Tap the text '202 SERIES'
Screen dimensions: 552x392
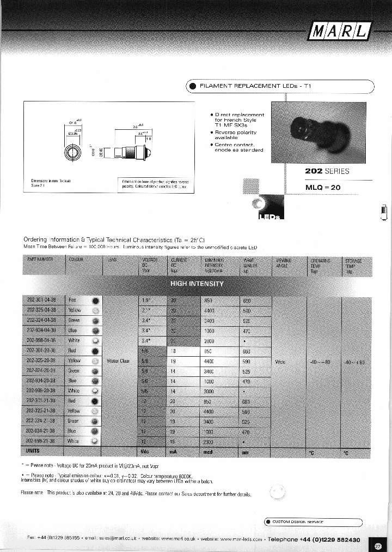327,171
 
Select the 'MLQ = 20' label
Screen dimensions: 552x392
323,187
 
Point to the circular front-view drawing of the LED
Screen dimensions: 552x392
73,152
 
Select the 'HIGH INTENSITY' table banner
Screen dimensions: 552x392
197,284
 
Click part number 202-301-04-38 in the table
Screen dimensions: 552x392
41,300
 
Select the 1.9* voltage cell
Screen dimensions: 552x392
146,300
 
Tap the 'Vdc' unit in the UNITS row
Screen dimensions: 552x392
145,452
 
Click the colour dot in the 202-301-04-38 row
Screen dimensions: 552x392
95,301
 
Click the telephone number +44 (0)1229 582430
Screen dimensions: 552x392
330,539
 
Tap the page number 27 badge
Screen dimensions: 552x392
379,545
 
